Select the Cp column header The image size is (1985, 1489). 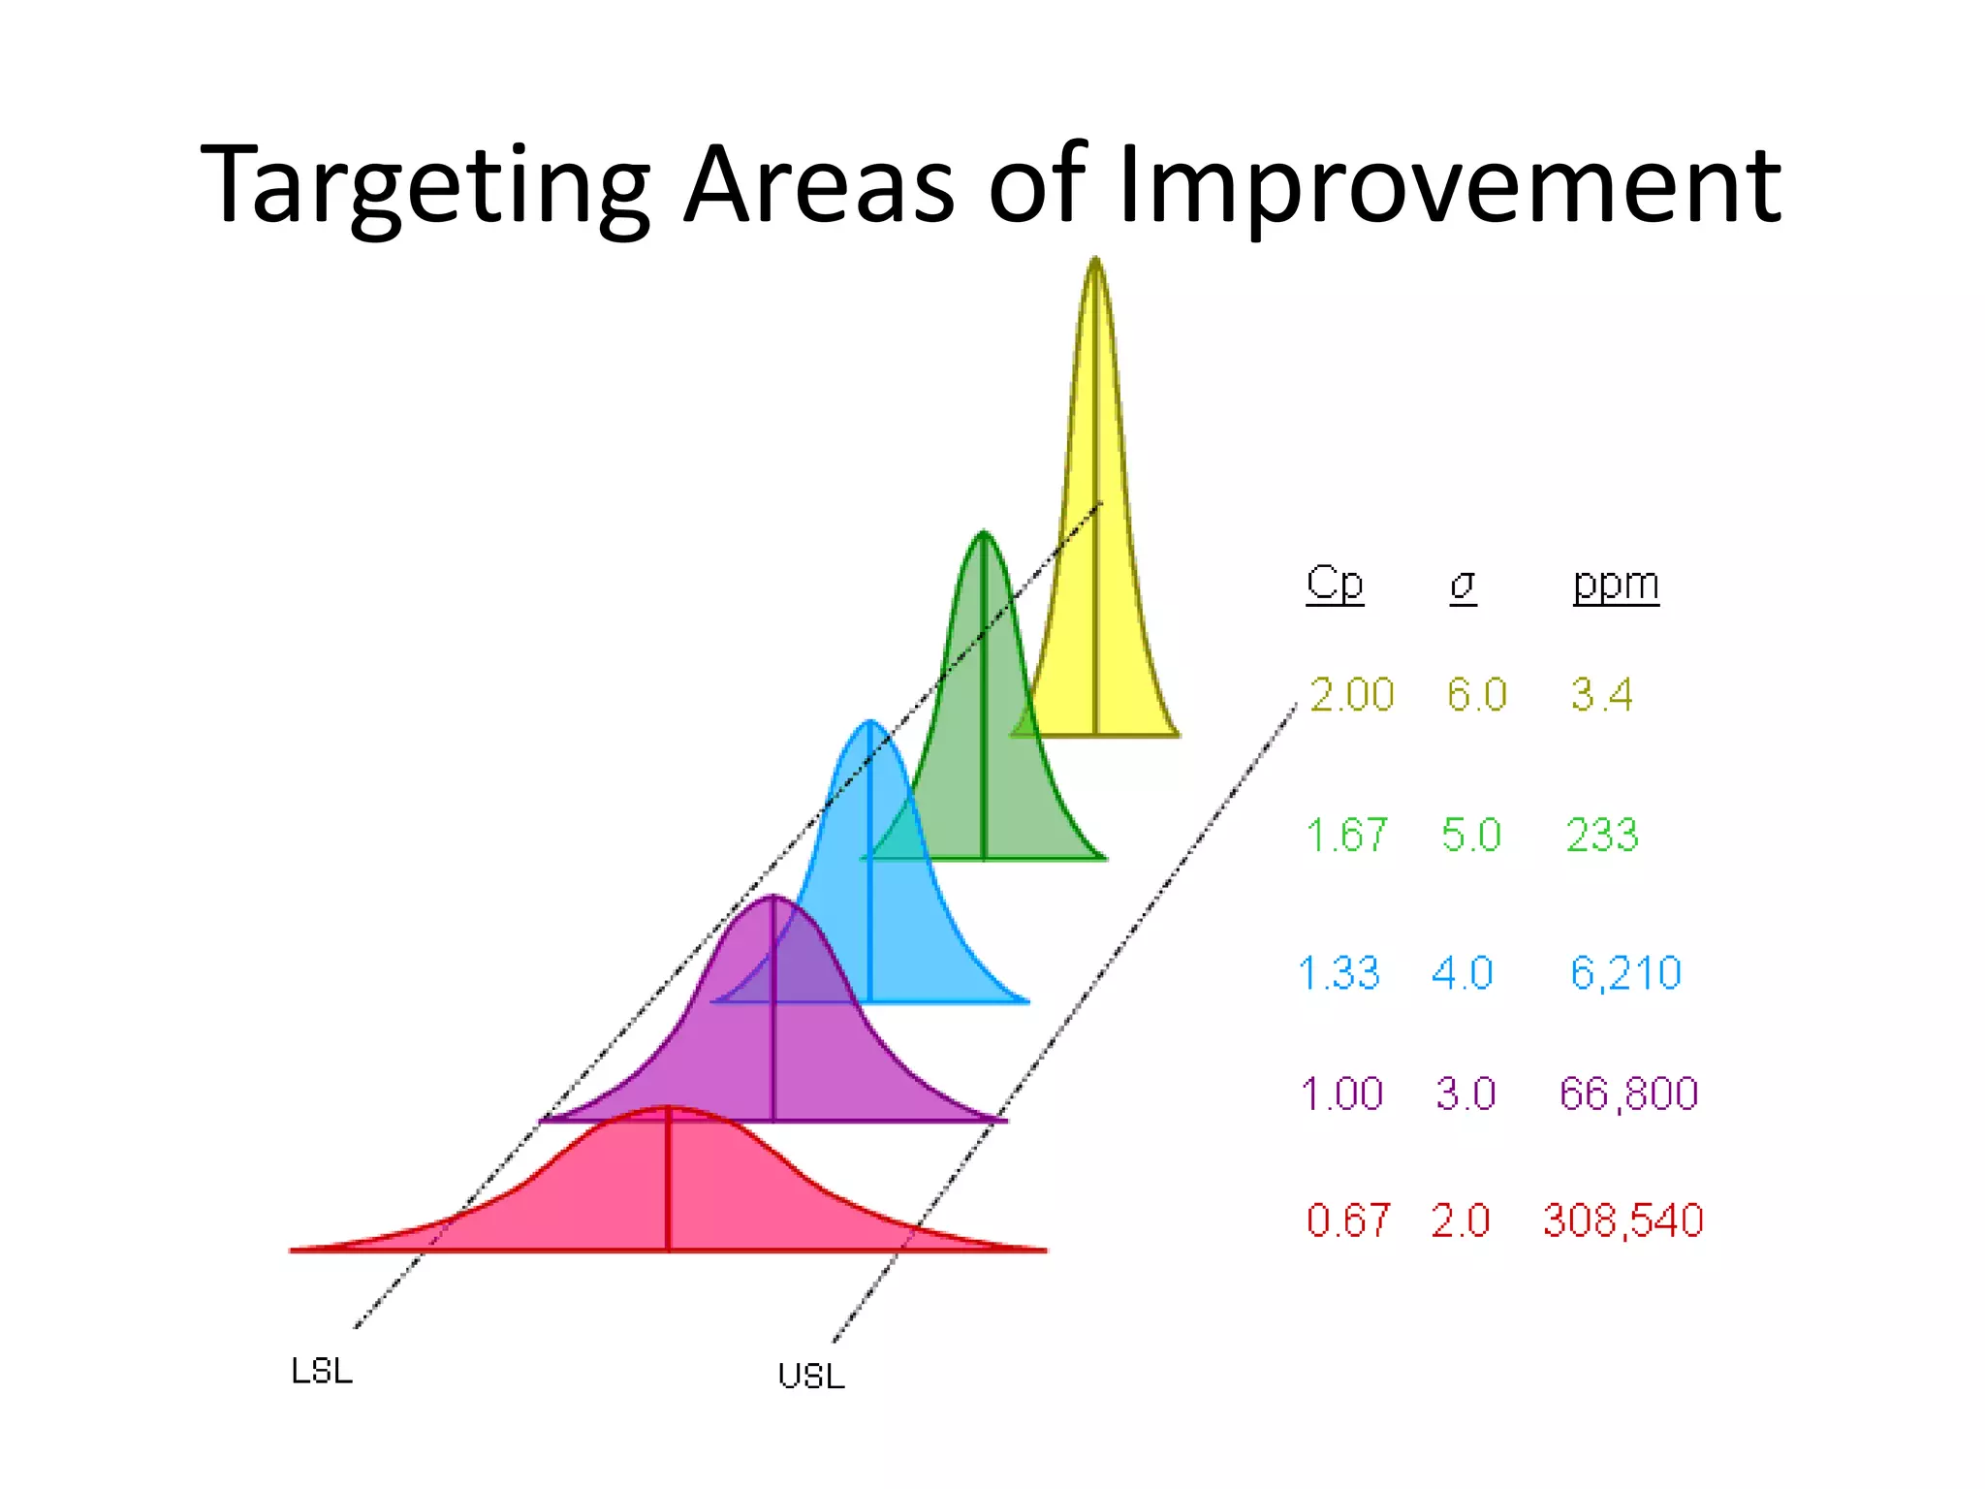(x=1335, y=585)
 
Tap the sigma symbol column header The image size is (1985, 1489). (x=1463, y=585)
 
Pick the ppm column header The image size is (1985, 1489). (x=1616, y=585)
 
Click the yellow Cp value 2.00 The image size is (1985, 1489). (x=1351, y=694)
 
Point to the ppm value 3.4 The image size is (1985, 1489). (x=1601, y=694)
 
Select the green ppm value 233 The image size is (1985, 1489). (x=1602, y=835)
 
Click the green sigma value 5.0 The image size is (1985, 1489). (x=1471, y=835)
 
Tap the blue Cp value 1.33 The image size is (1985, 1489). (x=1339, y=972)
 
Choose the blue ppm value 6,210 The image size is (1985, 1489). (x=1625, y=972)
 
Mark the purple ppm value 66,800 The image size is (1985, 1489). (x=1628, y=1093)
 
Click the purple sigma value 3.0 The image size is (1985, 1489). (x=1465, y=1093)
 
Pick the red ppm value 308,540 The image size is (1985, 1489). (x=1623, y=1220)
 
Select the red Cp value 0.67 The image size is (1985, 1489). (x=1347, y=1220)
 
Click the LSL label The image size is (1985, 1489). (x=322, y=1371)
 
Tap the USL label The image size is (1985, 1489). (x=811, y=1376)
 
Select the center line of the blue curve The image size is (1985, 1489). (x=870, y=872)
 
